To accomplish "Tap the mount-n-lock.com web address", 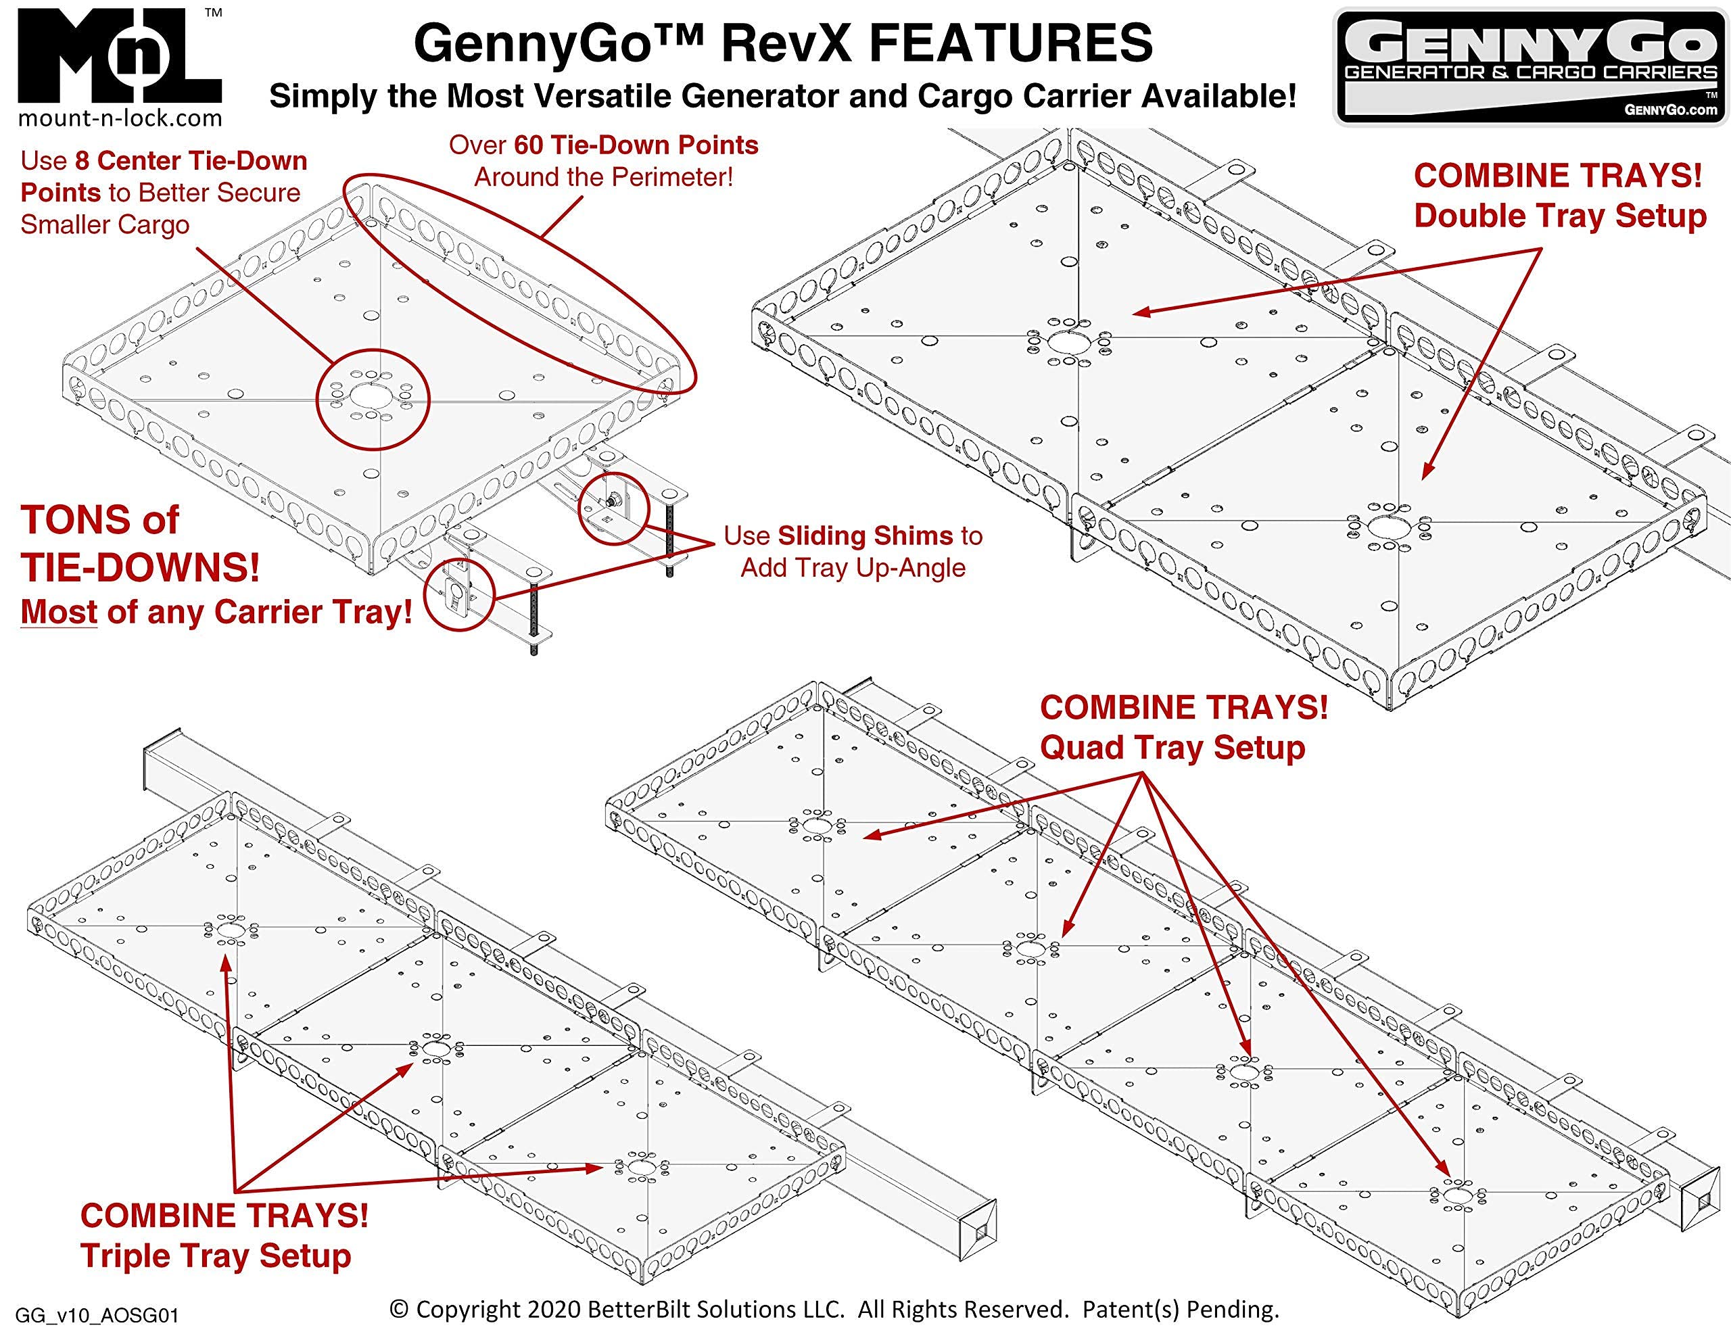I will tap(120, 119).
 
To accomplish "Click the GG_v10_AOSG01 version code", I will tap(97, 1316).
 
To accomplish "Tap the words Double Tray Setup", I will tap(1560, 216).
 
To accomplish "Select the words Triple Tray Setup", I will tap(216, 1256).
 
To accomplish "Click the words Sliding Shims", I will tap(865, 536).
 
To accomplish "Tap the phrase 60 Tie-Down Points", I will tap(636, 145).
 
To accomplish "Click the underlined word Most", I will tap(59, 612).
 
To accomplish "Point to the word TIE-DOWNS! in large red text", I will tap(139, 567).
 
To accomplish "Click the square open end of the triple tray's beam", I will tap(979, 1232).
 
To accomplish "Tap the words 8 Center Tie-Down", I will tap(191, 161).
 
